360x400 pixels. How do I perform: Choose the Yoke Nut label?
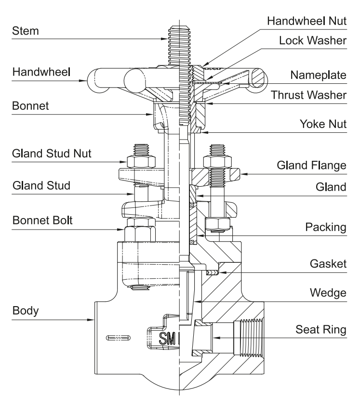click(x=325, y=124)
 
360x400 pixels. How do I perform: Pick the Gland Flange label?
click(x=311, y=165)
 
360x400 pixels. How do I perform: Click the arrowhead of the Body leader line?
click(x=93, y=319)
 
